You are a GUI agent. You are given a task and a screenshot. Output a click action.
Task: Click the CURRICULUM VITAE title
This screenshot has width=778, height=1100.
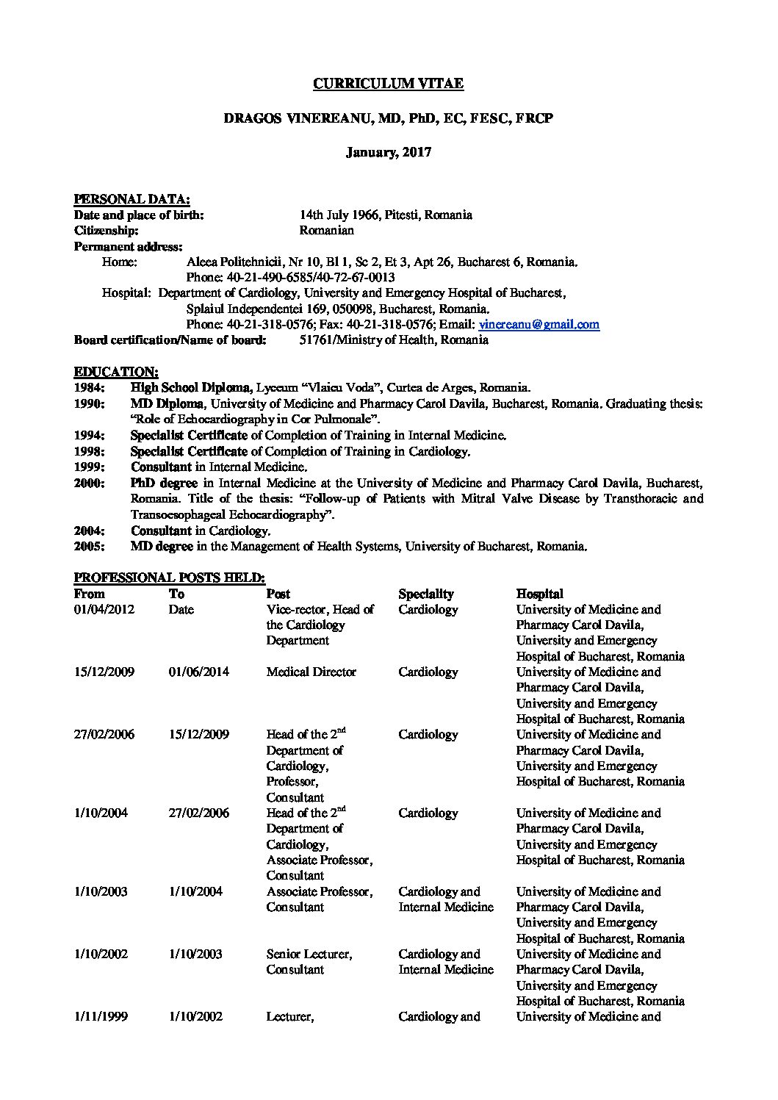388,84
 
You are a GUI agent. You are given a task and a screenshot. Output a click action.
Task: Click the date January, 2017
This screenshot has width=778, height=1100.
389,153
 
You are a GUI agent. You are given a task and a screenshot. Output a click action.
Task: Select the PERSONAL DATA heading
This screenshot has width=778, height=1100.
132,199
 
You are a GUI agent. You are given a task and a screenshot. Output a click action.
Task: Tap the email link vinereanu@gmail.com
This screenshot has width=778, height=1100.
539,324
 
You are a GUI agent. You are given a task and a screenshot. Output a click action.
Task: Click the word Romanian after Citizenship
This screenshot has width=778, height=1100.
326,231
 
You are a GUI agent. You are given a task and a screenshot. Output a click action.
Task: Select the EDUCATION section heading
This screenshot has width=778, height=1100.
115,372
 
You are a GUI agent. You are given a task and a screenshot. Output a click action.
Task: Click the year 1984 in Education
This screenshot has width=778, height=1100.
89,388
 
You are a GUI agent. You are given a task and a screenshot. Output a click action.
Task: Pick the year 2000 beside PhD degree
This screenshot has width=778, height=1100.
89,484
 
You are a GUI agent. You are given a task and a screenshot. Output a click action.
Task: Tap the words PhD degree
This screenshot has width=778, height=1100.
164,484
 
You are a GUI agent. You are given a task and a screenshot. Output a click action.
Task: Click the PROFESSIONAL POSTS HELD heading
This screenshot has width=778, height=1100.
170,578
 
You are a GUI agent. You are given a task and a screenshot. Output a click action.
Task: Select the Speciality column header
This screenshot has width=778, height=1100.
426,594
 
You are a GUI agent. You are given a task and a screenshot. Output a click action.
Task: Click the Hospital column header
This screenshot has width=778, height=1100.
539,594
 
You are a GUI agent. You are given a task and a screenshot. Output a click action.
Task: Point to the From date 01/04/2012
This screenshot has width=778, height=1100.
104,610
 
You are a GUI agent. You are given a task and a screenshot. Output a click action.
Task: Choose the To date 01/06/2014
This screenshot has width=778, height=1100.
198,672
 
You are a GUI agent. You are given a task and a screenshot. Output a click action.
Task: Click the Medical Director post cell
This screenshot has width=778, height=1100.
311,672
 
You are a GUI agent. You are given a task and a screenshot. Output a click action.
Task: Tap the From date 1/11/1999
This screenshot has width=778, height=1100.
101,1017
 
